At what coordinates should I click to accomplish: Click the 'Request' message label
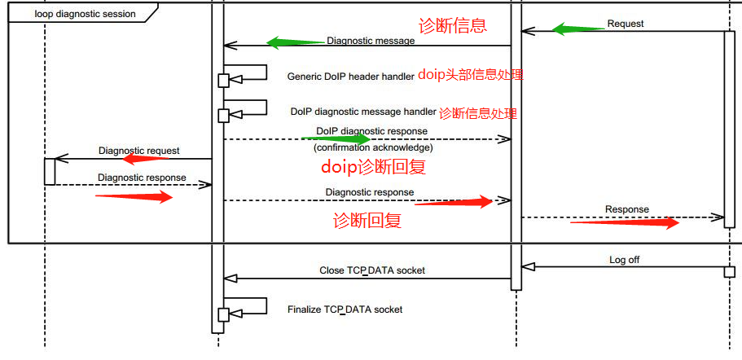[x=625, y=24]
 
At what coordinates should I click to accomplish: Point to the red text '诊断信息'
[x=452, y=25]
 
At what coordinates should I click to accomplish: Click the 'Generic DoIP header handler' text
[x=351, y=77]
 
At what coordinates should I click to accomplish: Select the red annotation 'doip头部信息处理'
[x=470, y=75]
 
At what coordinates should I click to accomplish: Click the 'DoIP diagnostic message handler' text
[x=363, y=112]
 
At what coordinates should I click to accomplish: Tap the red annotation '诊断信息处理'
[x=478, y=113]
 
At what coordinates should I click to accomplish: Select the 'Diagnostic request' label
[x=138, y=151]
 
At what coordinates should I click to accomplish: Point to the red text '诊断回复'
[x=367, y=220]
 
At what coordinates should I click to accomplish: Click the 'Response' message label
[x=626, y=209]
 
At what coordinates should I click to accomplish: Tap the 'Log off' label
[x=625, y=260]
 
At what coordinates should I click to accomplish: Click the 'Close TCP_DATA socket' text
[x=371, y=270]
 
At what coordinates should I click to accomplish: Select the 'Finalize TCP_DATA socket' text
[x=345, y=310]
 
